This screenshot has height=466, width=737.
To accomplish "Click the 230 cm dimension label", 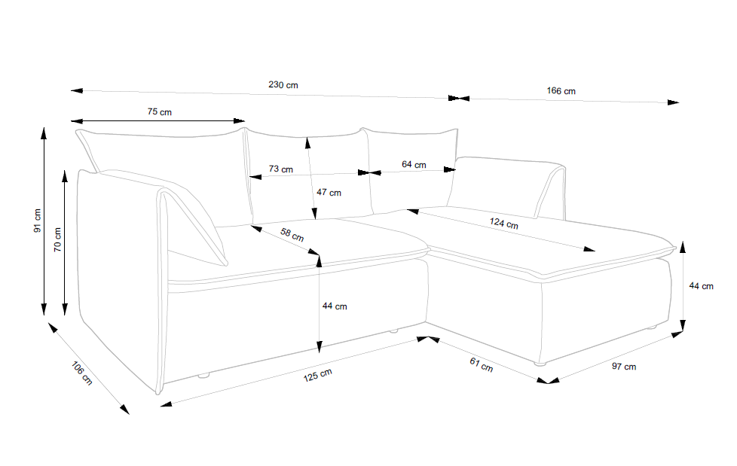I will pyautogui.click(x=283, y=85).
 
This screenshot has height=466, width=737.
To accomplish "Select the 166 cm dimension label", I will pyautogui.click(x=561, y=91).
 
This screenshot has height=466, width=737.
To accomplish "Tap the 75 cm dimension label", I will pyautogui.click(x=159, y=112).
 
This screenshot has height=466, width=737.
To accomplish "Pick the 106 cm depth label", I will pyautogui.click(x=81, y=373).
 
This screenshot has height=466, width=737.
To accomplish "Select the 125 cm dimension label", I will pyautogui.click(x=317, y=373).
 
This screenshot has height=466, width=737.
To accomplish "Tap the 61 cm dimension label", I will pyautogui.click(x=481, y=365).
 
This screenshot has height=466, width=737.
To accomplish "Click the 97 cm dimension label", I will pyautogui.click(x=624, y=367).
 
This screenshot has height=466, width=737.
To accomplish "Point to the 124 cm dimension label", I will pyautogui.click(x=503, y=224).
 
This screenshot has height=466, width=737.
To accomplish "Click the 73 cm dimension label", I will pyautogui.click(x=281, y=169).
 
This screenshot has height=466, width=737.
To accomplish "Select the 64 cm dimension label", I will pyautogui.click(x=414, y=164).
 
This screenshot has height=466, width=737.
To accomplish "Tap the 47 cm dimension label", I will pyautogui.click(x=329, y=193).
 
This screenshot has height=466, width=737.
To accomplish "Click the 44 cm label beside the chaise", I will pyautogui.click(x=701, y=286).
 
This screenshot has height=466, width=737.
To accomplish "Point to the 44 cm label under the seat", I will pyautogui.click(x=335, y=306).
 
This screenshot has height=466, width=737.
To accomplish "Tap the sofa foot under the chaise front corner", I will pyautogui.click(x=539, y=364).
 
